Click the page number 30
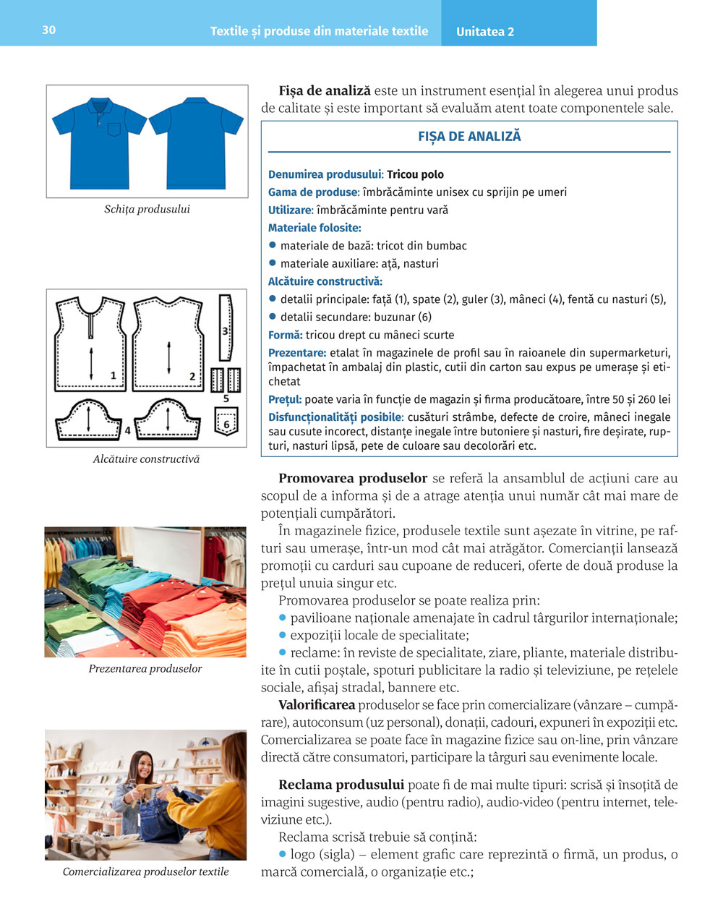pos(48,30)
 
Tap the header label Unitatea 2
pos(485,32)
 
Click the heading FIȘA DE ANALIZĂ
pos(469,136)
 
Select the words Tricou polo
pos(415,174)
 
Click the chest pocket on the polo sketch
pos(114,130)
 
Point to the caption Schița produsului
pos(147,209)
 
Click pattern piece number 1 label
pos(114,375)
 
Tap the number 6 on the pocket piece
pos(226,425)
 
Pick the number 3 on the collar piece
pos(225,330)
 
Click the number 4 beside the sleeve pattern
pos(127,430)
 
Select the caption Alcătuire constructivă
pos(146,458)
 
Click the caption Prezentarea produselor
pos(145,668)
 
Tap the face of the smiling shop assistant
pos(144,764)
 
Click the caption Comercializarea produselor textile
pos(145,871)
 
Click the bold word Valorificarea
pos(317,704)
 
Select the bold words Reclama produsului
pos(341,784)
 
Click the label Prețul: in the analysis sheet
pos(285,399)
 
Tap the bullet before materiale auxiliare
pos(273,263)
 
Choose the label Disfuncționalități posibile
pos(335,417)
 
